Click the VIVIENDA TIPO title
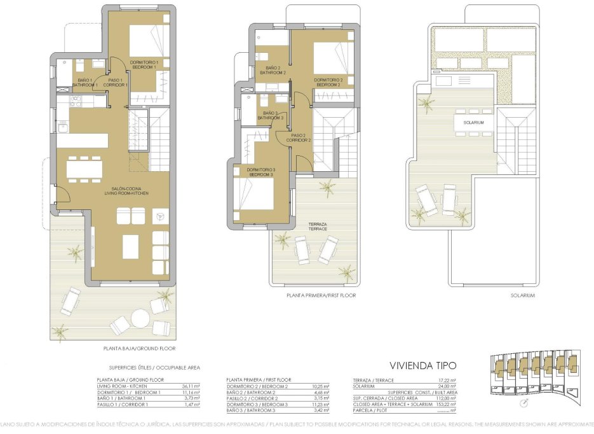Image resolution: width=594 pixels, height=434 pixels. tap(422, 365)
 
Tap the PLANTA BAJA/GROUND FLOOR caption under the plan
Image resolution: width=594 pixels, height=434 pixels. tap(139, 349)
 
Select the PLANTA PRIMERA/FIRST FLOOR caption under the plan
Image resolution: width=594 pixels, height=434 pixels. tap(321, 295)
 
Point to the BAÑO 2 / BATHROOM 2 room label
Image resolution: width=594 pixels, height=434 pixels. tap(273, 70)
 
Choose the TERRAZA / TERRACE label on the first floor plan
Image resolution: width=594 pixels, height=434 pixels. tap(318, 227)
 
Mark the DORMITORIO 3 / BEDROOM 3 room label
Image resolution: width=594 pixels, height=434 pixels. tap(260, 172)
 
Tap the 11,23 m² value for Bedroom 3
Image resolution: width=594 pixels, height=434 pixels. tap(321, 404)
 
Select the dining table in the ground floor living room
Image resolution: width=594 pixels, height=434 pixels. tap(84, 168)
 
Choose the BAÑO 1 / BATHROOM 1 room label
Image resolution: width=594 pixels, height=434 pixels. tap(84, 82)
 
